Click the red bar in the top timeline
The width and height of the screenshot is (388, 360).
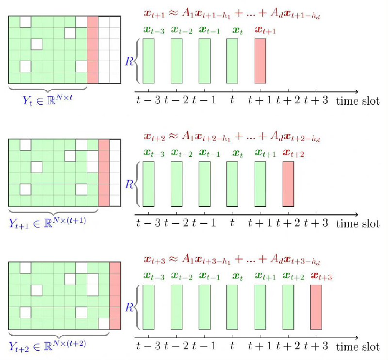click(260, 61)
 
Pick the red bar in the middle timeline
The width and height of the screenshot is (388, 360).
click(288, 184)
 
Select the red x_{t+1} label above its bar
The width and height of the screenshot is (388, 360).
click(263, 30)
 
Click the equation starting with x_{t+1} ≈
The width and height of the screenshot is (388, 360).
click(232, 15)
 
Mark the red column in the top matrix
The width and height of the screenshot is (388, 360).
click(93, 49)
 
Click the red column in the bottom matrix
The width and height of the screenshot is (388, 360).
click(115, 296)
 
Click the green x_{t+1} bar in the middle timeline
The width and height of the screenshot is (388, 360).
click(260, 184)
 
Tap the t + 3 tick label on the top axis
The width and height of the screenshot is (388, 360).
click(315, 100)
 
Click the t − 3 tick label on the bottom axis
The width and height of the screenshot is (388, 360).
click(148, 346)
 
